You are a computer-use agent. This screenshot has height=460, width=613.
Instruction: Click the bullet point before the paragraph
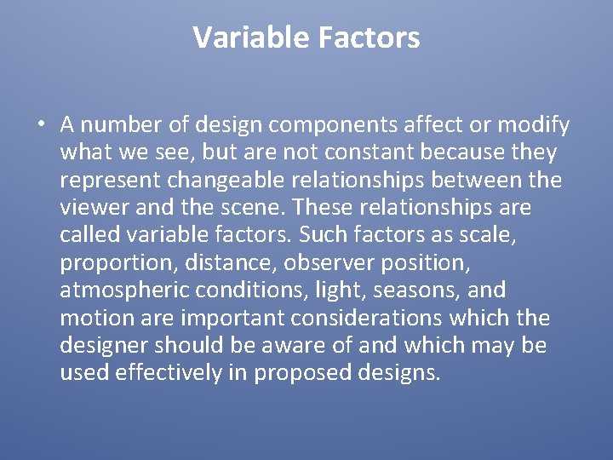tap(41, 125)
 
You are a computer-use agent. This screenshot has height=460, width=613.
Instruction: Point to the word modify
tap(534, 126)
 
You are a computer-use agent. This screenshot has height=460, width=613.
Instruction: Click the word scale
tap(534, 235)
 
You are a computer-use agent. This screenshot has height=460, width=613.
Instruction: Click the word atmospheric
tap(124, 290)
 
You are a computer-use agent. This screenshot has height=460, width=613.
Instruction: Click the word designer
tap(101, 346)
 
